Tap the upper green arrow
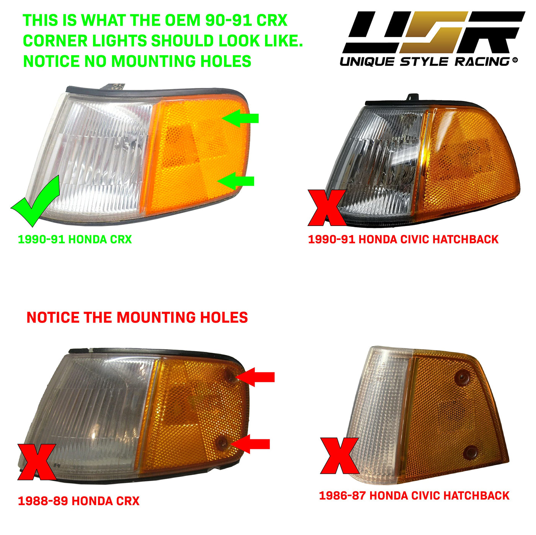point(240,118)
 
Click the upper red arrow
point(255,377)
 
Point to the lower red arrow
point(250,444)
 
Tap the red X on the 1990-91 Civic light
point(327,208)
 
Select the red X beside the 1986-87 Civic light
point(340,455)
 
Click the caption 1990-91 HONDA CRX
point(75,239)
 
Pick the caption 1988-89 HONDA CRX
point(79,501)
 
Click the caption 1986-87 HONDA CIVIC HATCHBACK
point(414,496)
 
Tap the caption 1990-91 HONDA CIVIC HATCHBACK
point(403,239)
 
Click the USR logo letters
point(433,32)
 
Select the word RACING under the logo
point(483,62)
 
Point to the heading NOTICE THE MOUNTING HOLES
point(137,317)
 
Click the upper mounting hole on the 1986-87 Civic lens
point(462,378)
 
